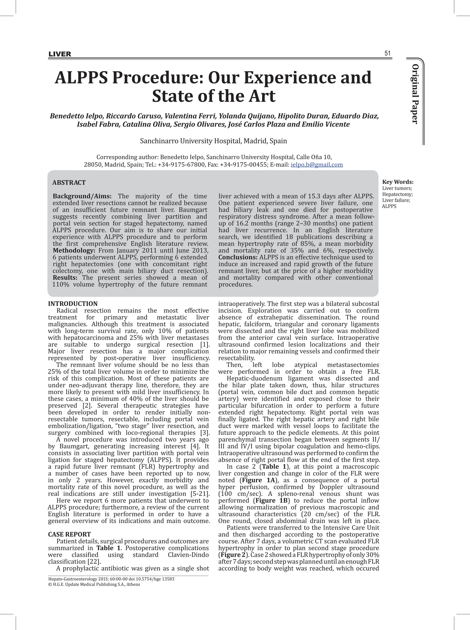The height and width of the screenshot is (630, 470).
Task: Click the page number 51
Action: click(x=387, y=53)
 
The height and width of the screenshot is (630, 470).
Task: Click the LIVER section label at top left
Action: click(x=60, y=54)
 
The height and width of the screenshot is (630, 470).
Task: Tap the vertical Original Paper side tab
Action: click(x=415, y=94)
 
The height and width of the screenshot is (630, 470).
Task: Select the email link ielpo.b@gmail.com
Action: click(x=317, y=165)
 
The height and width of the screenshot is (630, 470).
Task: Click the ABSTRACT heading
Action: click(x=69, y=183)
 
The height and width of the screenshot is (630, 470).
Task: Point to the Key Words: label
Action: click(x=397, y=182)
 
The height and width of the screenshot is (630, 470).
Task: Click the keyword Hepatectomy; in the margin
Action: click(x=397, y=194)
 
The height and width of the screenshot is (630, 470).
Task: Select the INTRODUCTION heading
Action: click(x=73, y=304)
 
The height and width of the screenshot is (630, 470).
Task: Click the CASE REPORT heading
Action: click(x=69, y=534)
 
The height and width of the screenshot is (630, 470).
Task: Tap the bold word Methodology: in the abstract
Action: click(x=74, y=250)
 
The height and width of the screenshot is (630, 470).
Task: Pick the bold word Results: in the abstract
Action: click(x=65, y=278)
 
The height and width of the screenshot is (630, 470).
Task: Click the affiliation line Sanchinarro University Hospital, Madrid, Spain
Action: click(x=213, y=141)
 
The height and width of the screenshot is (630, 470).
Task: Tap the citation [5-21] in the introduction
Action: click(x=199, y=494)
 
